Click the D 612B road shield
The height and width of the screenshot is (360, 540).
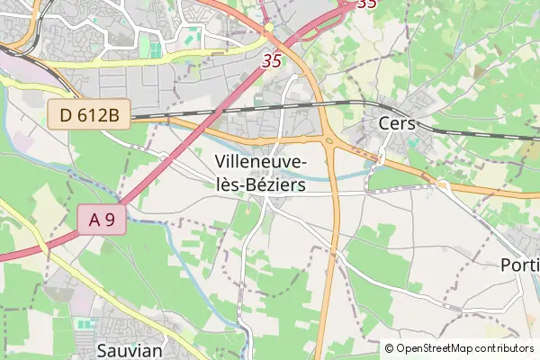pyautogui.click(x=90, y=113)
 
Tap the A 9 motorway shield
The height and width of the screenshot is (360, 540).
pyautogui.click(x=101, y=220)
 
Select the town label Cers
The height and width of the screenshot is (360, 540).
pyautogui.click(x=397, y=123)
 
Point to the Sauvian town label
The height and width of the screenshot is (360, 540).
pyautogui.click(x=129, y=348)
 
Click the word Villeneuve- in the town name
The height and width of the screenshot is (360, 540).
pyautogui.click(x=261, y=162)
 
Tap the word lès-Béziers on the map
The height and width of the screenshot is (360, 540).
pyautogui.click(x=261, y=184)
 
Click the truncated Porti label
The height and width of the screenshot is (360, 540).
pyautogui.click(x=519, y=266)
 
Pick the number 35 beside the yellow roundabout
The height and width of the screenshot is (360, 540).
pyautogui.click(x=272, y=62)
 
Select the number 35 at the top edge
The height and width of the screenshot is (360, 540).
pyautogui.click(x=366, y=4)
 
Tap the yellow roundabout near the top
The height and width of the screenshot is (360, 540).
pyautogui.click(x=269, y=28)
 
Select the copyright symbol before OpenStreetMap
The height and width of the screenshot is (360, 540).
pyautogui.click(x=390, y=347)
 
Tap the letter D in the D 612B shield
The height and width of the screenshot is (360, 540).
pyautogui.click(x=66, y=113)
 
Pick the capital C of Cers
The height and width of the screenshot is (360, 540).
pyautogui.click(x=385, y=123)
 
